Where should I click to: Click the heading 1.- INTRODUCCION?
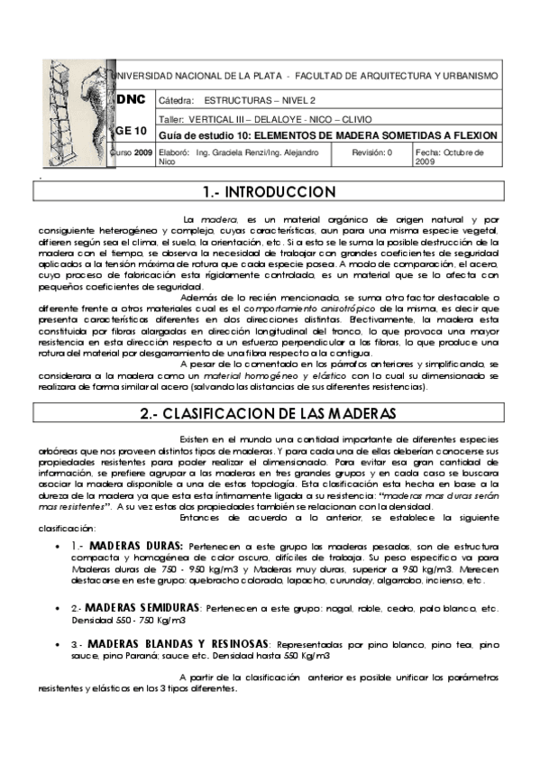point(270,193)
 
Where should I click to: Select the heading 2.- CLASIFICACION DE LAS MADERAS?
point(270,414)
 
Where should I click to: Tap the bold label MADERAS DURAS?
point(137,546)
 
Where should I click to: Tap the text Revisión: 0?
point(371,153)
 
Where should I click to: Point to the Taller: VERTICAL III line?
point(263,119)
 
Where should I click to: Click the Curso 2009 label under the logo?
point(132,153)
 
